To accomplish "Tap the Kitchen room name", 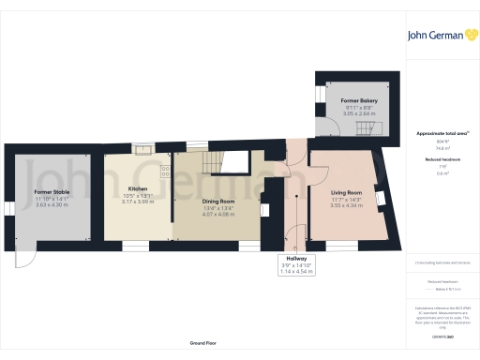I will pyautogui.click(x=138, y=188).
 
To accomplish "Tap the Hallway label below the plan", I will pyautogui.click(x=291, y=259).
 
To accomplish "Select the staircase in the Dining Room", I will pyautogui.click(x=217, y=162).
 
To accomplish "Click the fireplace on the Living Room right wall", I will pyautogui.click(x=380, y=197).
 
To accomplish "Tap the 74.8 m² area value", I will pyautogui.click(x=438, y=147).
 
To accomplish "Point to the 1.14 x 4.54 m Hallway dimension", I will pyautogui.click(x=291, y=272).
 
